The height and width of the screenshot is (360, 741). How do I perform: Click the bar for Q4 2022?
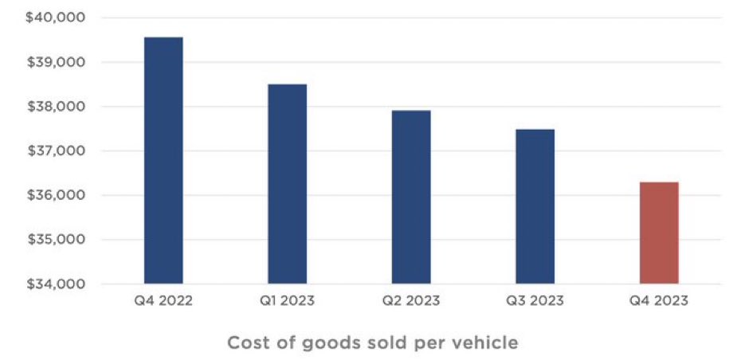pyautogui.click(x=163, y=160)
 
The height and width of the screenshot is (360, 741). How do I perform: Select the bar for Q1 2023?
pyautogui.click(x=287, y=184)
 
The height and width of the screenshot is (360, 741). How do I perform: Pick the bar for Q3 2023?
pyautogui.click(x=535, y=206)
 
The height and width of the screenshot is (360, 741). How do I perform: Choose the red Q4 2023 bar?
pyautogui.click(x=659, y=233)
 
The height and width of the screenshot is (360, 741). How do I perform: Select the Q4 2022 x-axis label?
pyautogui.click(x=163, y=302)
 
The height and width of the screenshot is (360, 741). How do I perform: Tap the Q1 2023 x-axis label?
pyautogui.click(x=287, y=302)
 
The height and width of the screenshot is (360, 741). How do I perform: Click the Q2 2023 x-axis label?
pyautogui.click(x=411, y=302)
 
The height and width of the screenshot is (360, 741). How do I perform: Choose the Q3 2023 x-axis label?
pyautogui.click(x=535, y=302)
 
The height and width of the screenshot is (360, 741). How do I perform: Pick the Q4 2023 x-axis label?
pyautogui.click(x=659, y=302)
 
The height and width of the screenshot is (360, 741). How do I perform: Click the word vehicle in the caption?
pyautogui.click(x=488, y=343)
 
